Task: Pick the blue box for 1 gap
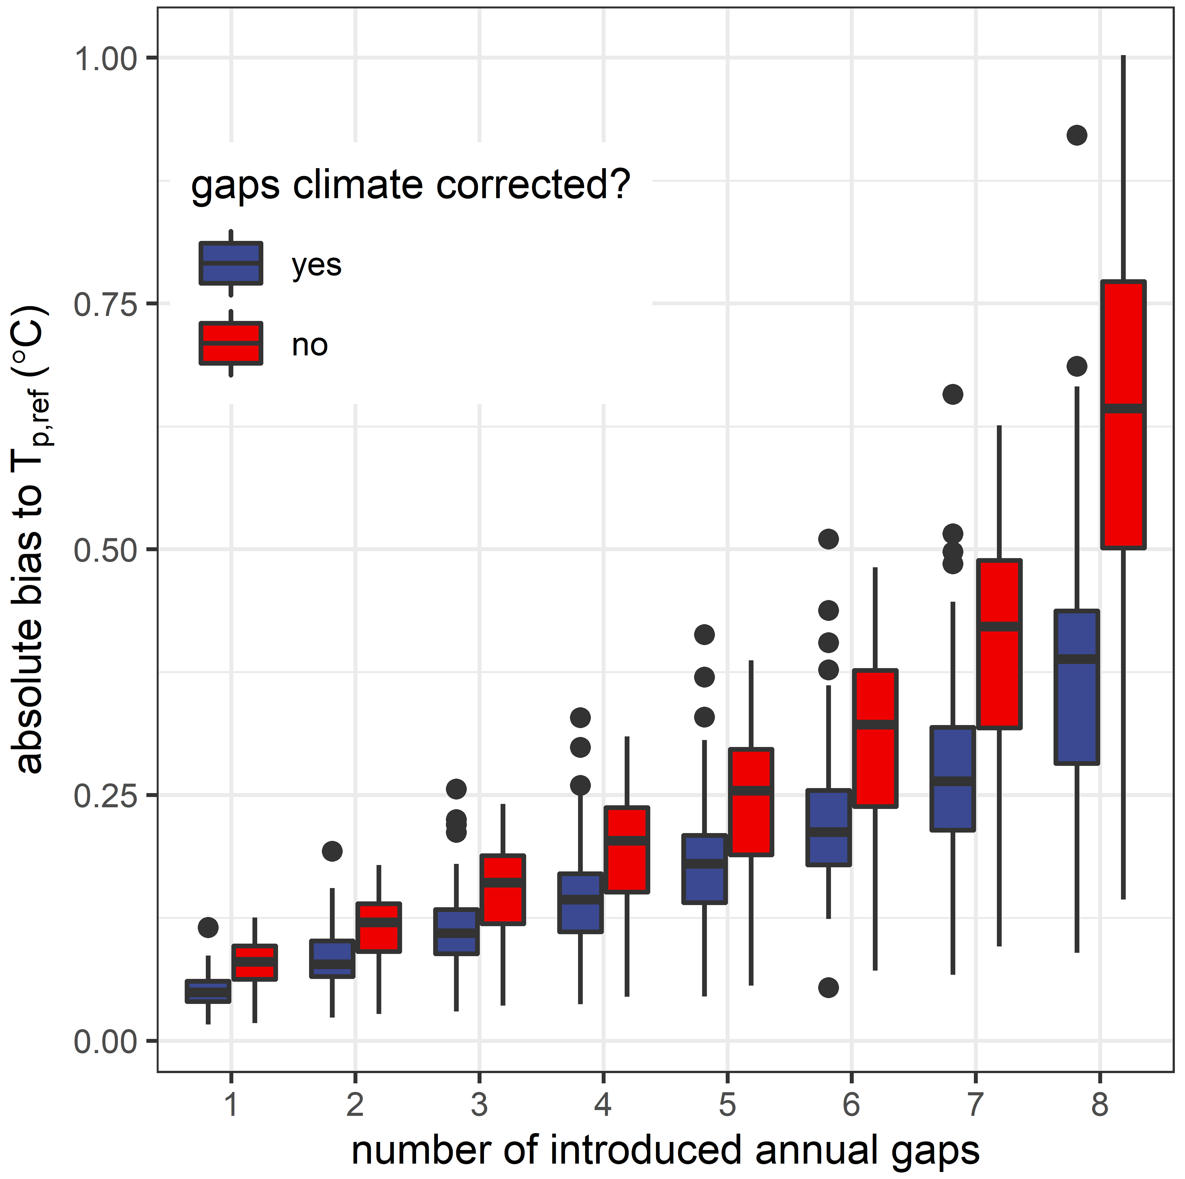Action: pyautogui.click(x=208, y=991)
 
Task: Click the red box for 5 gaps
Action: pyautogui.click(x=751, y=801)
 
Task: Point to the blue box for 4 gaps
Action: pyautogui.click(x=580, y=902)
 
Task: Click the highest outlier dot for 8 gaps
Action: pyautogui.click(x=1077, y=135)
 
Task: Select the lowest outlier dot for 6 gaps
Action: pyautogui.click(x=829, y=988)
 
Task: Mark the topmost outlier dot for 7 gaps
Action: pyautogui.click(x=953, y=394)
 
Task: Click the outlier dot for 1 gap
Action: pyautogui.click(x=208, y=927)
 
